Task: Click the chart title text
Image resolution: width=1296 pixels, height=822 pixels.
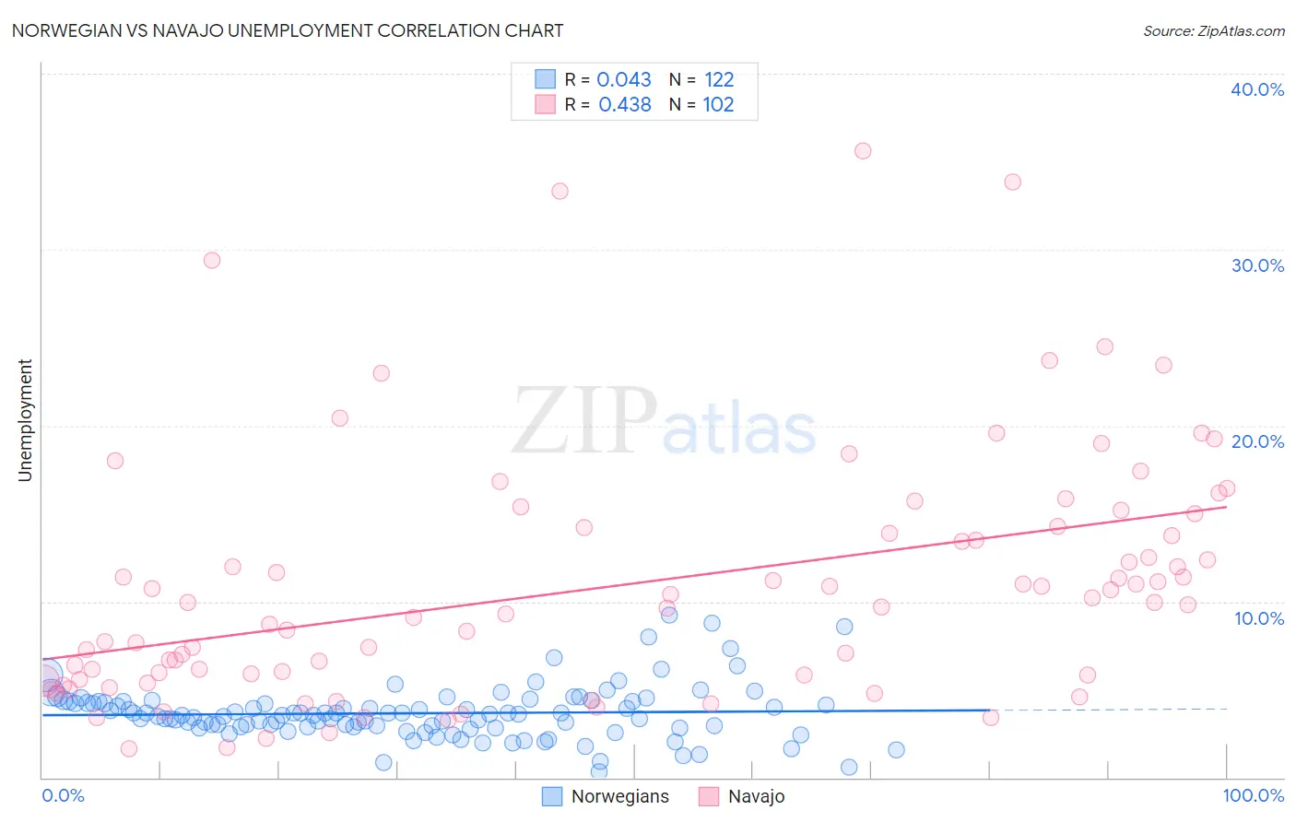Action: click(x=288, y=30)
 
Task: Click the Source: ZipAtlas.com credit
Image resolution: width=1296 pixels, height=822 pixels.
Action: click(x=1214, y=30)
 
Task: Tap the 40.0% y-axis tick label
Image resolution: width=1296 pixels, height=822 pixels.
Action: click(x=1257, y=89)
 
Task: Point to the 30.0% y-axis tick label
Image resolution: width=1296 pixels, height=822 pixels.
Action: click(x=1257, y=265)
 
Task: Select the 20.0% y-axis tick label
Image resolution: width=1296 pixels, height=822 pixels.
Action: click(x=1257, y=441)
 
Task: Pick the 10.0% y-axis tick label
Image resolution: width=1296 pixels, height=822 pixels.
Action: click(x=1259, y=618)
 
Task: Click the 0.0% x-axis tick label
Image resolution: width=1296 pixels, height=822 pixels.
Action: click(x=63, y=795)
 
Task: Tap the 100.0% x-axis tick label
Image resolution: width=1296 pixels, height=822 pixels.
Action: click(x=1254, y=795)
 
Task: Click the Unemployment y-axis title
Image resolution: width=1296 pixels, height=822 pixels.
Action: click(x=25, y=420)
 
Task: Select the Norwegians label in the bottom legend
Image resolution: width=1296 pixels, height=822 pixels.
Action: click(x=620, y=796)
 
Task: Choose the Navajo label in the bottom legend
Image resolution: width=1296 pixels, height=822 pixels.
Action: click(x=757, y=796)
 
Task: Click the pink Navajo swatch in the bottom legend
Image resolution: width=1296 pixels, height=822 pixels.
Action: click(x=709, y=796)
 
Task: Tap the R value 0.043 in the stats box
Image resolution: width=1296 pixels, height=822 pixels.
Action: click(x=624, y=79)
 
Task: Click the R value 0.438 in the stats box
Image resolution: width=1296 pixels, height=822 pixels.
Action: click(x=625, y=104)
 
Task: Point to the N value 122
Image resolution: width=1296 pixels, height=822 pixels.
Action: click(x=719, y=79)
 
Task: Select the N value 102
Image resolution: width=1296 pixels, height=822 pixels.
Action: click(x=719, y=104)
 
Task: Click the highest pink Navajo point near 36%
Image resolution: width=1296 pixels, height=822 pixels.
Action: click(x=863, y=150)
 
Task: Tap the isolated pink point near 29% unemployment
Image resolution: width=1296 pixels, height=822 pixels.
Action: click(x=212, y=260)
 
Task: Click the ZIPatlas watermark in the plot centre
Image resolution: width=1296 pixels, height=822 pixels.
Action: click(x=664, y=421)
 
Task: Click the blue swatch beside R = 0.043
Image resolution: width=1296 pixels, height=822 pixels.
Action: click(x=546, y=79)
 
